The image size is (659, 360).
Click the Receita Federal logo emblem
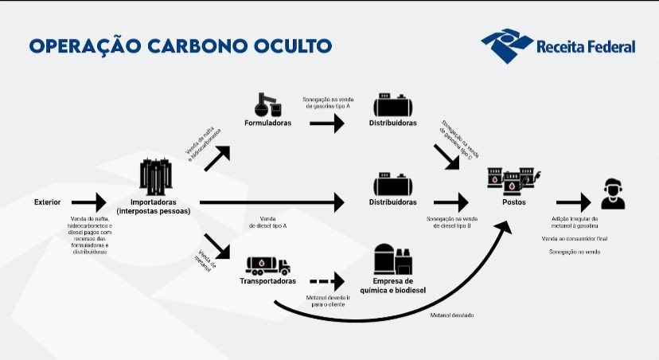(507, 45)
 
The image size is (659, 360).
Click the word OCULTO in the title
(293, 46)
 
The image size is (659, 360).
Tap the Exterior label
(47, 202)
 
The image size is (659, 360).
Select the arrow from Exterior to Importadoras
(88, 202)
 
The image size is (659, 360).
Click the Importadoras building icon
(156, 177)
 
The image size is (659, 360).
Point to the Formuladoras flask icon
(267, 104)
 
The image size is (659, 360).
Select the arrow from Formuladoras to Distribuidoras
(327, 123)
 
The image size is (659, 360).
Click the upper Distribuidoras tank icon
(393, 105)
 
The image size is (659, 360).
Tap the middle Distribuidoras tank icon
(393, 184)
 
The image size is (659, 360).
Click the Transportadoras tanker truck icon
(268, 266)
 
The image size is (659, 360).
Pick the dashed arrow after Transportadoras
(327, 281)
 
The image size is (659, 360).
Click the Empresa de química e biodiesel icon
(393, 259)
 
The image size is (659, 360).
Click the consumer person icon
(613, 194)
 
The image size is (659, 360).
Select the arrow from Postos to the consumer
(574, 203)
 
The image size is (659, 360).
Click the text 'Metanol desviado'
(452, 315)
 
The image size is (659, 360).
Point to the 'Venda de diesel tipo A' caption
(267, 222)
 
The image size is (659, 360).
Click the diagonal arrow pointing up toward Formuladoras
(217, 158)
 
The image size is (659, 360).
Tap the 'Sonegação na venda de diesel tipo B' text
(452, 222)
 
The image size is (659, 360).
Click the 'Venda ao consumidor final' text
(575, 239)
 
